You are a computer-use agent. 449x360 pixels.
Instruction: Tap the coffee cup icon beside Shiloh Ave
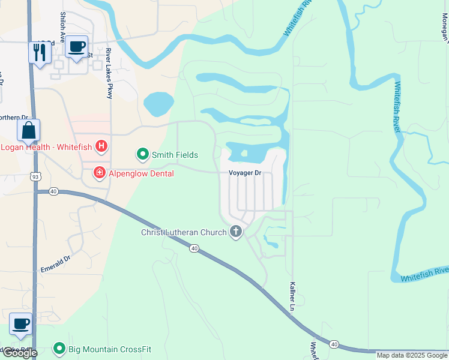(76, 47)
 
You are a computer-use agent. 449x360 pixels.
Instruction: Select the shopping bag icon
(29, 129)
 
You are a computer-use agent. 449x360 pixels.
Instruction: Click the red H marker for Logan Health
(102, 145)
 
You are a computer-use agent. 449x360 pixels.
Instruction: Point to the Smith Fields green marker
(143, 155)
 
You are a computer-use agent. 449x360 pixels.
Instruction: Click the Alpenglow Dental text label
(141, 173)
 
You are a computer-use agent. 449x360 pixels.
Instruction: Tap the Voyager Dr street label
(246, 173)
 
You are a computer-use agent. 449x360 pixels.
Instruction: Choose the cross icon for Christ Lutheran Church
(236, 232)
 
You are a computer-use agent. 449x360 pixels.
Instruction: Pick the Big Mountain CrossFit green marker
(59, 348)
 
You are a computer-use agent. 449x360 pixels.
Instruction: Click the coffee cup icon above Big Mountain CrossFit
(22, 324)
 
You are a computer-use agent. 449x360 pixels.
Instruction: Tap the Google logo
(20, 353)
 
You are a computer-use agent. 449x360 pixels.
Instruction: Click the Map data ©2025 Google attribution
(412, 355)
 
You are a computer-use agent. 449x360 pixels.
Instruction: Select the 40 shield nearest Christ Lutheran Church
(194, 248)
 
